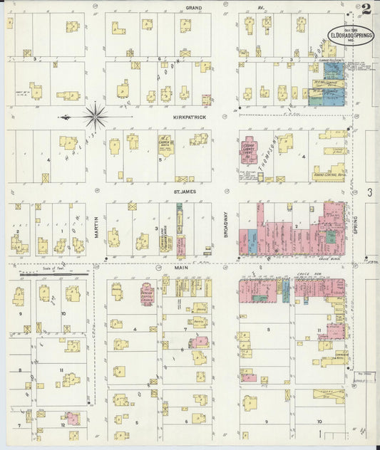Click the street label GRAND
194,7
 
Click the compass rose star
95,115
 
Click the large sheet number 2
366,9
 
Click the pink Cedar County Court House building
250,150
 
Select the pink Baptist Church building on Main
148,293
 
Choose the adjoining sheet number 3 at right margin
369,192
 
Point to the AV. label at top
260,7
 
